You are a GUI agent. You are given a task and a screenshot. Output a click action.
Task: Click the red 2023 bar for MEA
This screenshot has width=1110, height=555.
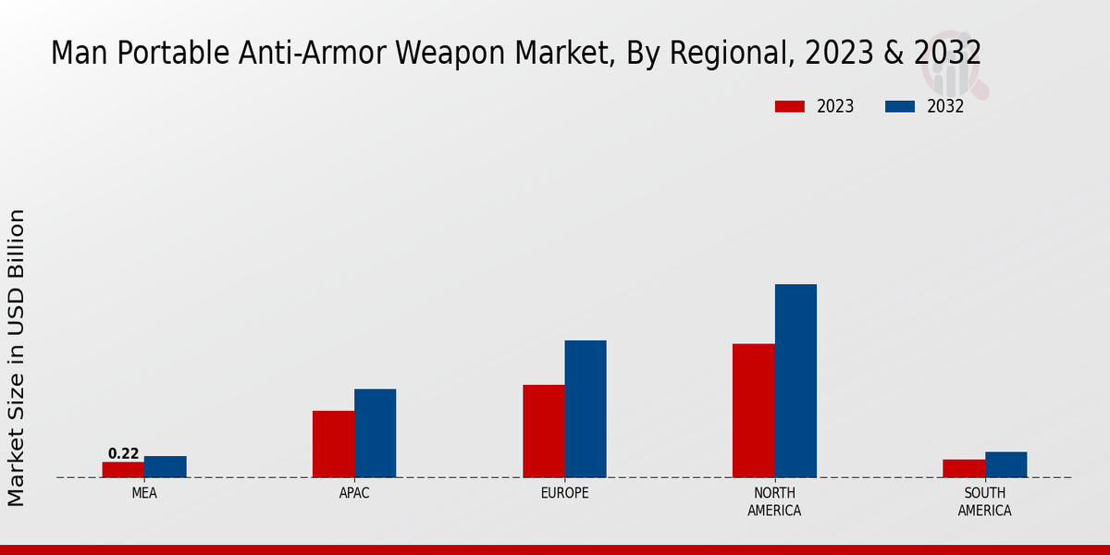(x=123, y=469)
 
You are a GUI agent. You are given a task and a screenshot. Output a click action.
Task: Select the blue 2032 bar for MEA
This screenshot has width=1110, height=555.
(x=165, y=466)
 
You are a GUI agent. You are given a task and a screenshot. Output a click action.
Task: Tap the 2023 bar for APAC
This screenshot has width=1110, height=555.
(x=333, y=444)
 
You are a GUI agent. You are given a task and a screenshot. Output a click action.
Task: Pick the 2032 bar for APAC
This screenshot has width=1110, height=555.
(x=375, y=433)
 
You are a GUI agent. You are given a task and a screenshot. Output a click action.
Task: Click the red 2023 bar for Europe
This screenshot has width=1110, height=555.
(x=543, y=431)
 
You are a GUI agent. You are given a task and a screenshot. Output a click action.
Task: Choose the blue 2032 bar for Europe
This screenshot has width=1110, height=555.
(x=586, y=409)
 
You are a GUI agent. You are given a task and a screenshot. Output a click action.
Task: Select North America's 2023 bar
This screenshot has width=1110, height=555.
(x=753, y=411)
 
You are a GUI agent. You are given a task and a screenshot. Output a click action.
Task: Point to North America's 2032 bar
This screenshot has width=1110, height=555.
(x=795, y=380)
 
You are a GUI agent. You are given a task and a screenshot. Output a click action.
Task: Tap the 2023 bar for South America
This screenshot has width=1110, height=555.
(x=963, y=468)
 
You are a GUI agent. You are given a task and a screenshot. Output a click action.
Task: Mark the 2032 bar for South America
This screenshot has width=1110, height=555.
(x=1005, y=464)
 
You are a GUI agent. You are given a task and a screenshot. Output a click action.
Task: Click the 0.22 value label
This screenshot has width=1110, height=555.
(x=123, y=453)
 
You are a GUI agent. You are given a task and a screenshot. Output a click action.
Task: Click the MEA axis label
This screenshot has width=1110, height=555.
(x=144, y=493)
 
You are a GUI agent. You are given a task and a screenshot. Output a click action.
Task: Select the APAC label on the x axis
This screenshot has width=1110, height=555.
(x=354, y=493)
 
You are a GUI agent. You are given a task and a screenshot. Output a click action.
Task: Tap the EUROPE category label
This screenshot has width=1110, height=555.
(x=564, y=493)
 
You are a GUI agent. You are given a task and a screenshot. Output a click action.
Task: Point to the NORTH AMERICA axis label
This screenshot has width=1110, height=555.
(x=774, y=501)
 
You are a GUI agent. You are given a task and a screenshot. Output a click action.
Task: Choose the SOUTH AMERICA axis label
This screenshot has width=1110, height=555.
(x=984, y=501)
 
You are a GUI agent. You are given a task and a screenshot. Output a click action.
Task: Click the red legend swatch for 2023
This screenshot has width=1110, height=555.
(x=789, y=106)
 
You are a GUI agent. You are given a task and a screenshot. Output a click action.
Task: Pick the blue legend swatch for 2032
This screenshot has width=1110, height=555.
(x=899, y=106)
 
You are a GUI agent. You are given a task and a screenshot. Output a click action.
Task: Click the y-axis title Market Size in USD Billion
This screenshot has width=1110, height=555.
(x=17, y=357)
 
